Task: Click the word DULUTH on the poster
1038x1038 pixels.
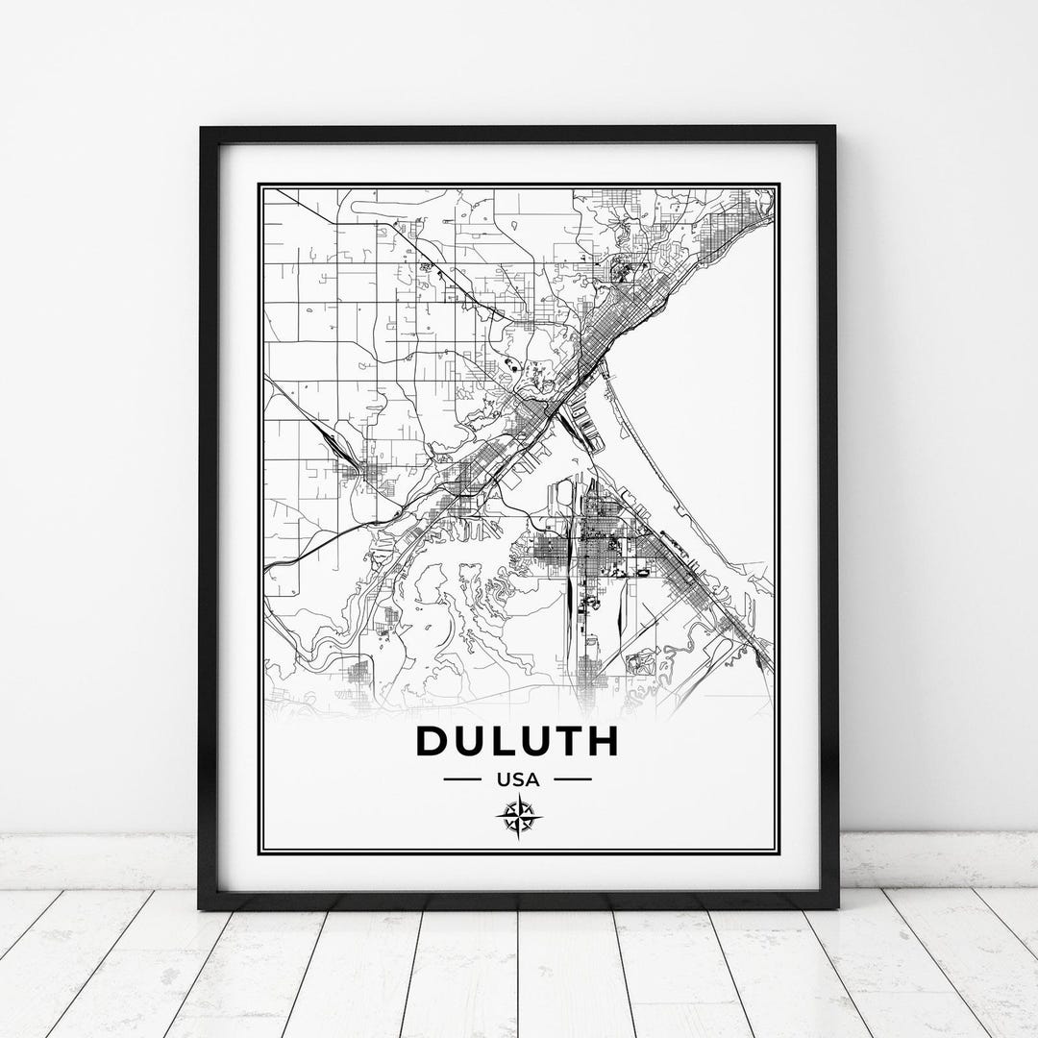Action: coord(517,741)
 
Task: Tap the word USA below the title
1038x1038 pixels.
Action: coord(518,779)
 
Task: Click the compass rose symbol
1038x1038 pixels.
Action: coord(519,818)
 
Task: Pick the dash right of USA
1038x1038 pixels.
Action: coord(573,779)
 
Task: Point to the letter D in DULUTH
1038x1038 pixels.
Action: coord(432,741)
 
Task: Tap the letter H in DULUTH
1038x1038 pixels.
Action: coord(602,741)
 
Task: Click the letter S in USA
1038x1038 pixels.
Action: coord(518,779)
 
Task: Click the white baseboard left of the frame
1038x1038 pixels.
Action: coord(96,860)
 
